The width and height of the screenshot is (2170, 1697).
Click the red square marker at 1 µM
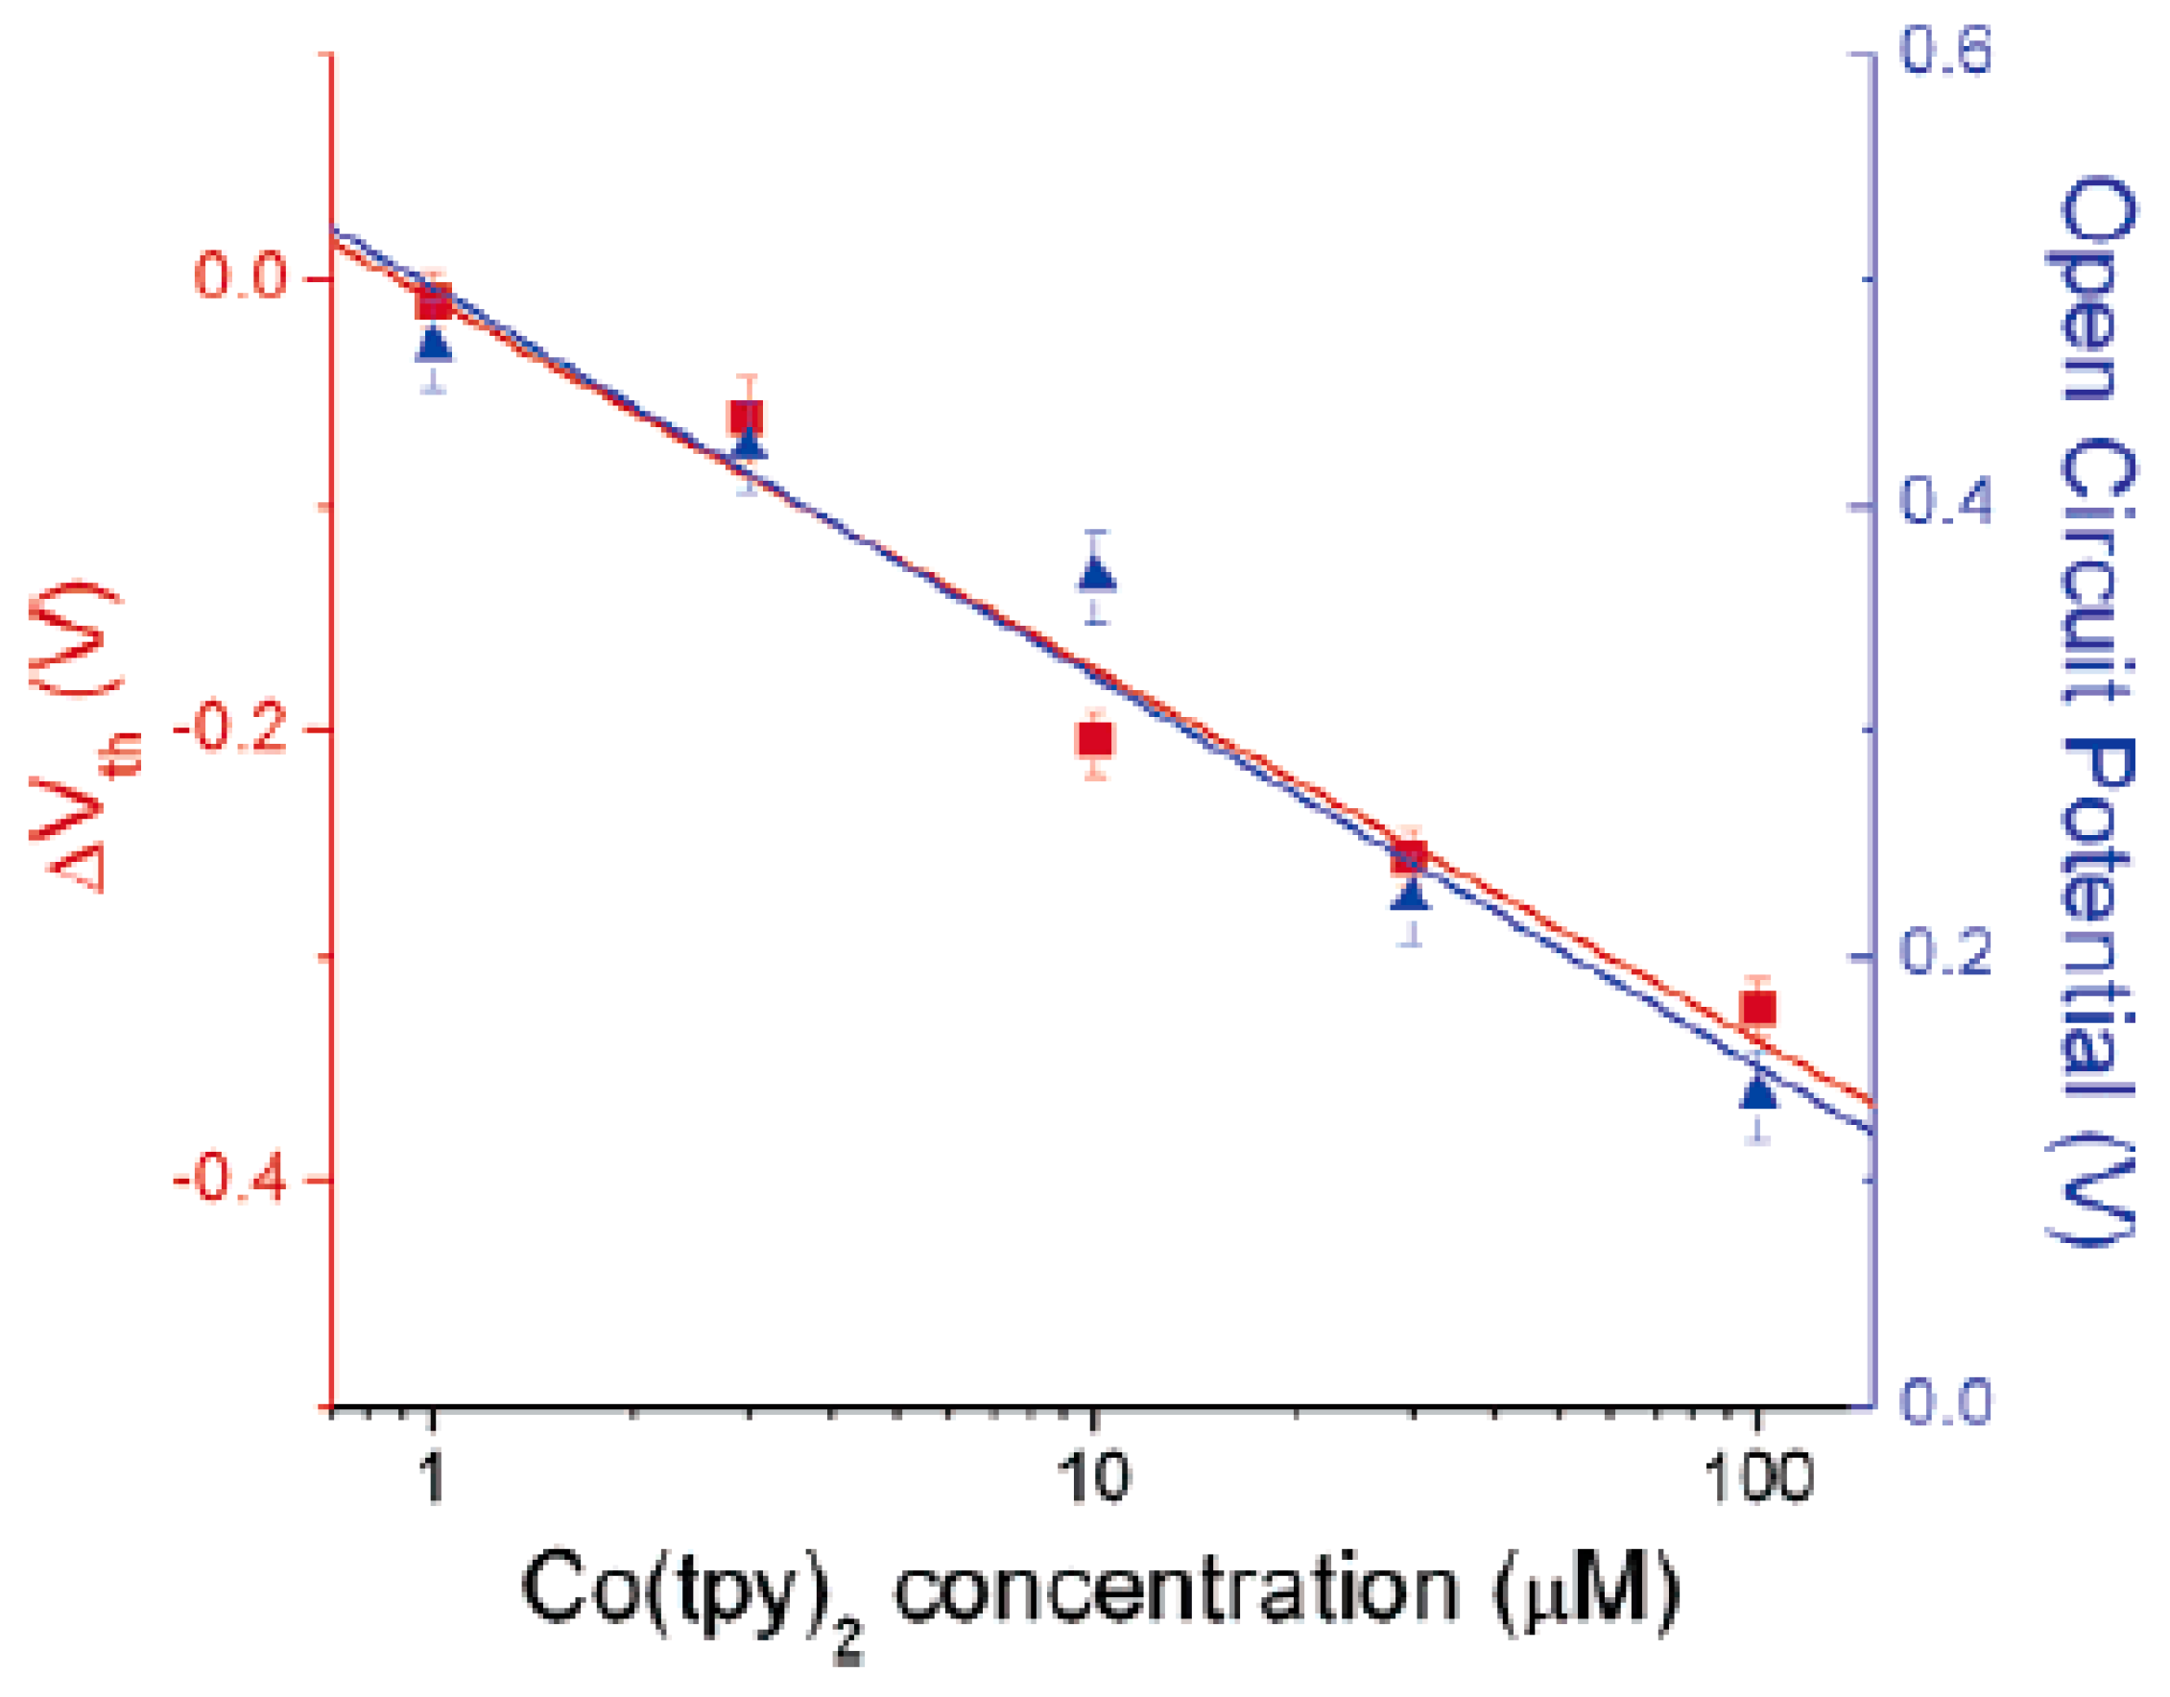[x=434, y=303]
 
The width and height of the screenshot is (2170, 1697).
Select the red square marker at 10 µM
[x=1095, y=740]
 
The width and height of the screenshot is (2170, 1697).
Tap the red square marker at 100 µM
[x=1757, y=1010]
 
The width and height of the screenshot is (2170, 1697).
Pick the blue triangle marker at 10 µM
[x=1096, y=574]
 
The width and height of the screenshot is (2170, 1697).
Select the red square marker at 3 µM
[x=746, y=418]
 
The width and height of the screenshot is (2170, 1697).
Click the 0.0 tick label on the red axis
[x=241, y=277]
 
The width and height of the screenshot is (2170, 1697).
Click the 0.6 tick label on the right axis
[x=1945, y=52]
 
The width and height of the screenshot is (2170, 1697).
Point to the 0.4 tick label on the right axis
[x=1945, y=504]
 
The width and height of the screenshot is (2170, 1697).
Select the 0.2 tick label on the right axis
[x=1945, y=955]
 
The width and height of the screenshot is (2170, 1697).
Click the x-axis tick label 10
[x=1093, y=1477]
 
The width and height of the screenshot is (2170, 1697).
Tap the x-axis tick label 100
[x=1757, y=1477]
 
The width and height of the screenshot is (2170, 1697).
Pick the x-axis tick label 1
[x=432, y=1477]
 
